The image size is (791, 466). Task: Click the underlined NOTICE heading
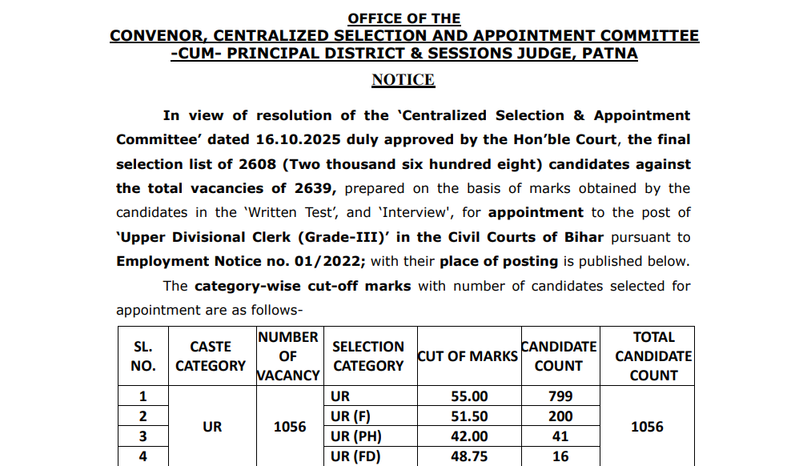click(x=403, y=80)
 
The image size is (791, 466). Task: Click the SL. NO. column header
click(x=143, y=356)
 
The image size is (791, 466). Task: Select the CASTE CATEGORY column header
click(x=211, y=356)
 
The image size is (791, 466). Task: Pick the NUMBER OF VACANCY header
click(x=288, y=356)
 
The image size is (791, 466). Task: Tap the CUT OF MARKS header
click(x=468, y=356)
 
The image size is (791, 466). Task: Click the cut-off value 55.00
click(x=468, y=396)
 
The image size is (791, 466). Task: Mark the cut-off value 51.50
click(x=468, y=416)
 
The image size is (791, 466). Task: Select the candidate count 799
click(x=560, y=396)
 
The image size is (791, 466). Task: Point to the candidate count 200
click(x=560, y=416)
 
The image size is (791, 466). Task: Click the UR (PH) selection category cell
click(x=356, y=436)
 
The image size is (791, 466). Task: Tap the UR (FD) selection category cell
click(x=356, y=456)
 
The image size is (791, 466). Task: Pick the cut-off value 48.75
click(x=468, y=456)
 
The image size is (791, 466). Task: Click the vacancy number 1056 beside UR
click(x=290, y=427)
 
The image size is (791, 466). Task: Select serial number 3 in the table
click(x=143, y=436)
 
